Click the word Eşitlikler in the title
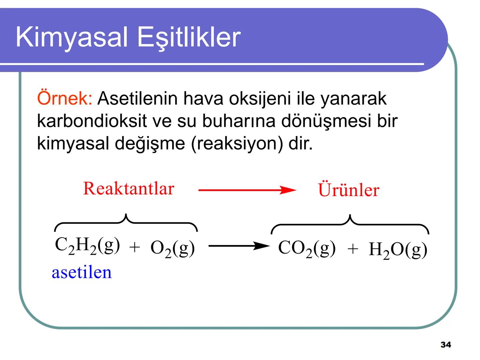pyautogui.click(x=189, y=37)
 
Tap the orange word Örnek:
pyautogui.click(x=64, y=98)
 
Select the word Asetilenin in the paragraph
pyautogui.click(x=137, y=98)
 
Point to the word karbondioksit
pyautogui.click(x=92, y=121)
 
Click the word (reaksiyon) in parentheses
pyautogui.click(x=237, y=143)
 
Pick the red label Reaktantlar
pyautogui.click(x=128, y=189)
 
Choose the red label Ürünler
pyautogui.click(x=348, y=190)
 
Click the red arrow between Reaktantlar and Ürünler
pyautogui.click(x=247, y=190)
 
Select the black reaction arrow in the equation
pyautogui.click(x=239, y=246)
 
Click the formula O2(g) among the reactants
pyautogui.click(x=172, y=249)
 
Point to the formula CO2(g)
pyautogui.click(x=307, y=249)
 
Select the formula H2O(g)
pyautogui.click(x=398, y=250)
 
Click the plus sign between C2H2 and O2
pyautogui.click(x=134, y=248)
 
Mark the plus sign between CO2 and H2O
pyautogui.click(x=353, y=249)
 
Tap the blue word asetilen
pyautogui.click(x=82, y=272)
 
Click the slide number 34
pyautogui.click(x=446, y=345)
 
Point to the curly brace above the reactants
pyautogui.click(x=126, y=222)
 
